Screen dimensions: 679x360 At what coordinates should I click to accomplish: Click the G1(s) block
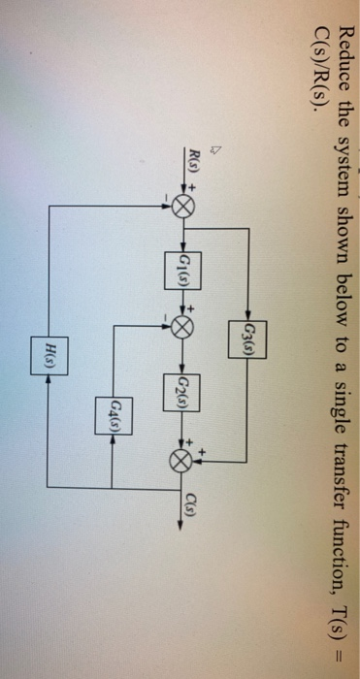pyautogui.click(x=188, y=263)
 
